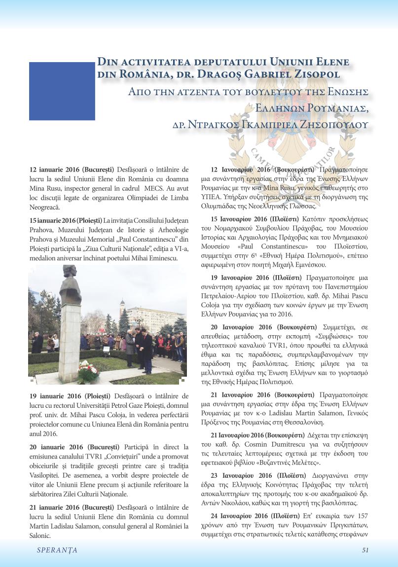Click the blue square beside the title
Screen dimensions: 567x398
62,91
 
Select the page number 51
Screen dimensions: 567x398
365,550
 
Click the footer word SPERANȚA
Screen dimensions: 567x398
57,550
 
